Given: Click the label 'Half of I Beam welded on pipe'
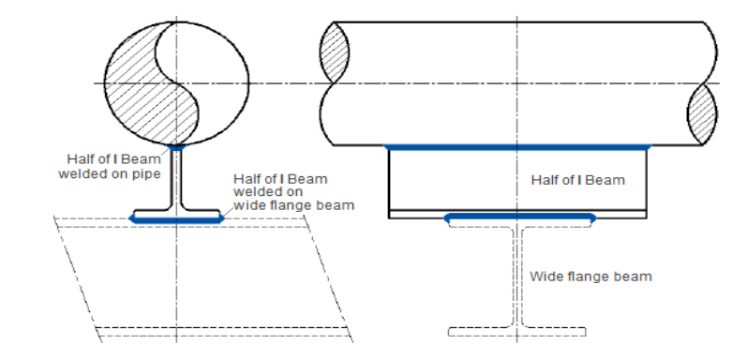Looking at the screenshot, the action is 111,165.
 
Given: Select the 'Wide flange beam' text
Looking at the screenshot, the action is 590,277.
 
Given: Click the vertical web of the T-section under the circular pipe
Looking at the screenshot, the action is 176,178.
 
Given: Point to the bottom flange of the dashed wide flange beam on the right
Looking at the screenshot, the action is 517,331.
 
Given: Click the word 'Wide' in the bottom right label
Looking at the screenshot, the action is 545,277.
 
